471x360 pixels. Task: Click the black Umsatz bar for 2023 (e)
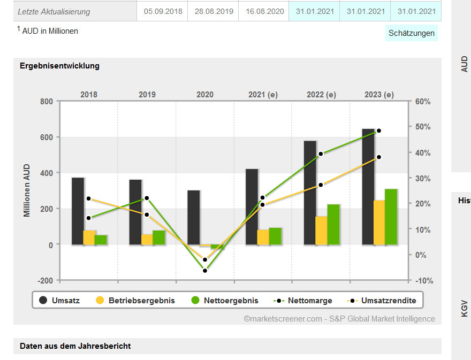coord(368,187)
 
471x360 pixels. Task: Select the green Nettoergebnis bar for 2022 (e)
coord(333,225)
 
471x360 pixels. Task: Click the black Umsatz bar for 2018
coord(78,211)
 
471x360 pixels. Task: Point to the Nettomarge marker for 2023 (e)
coord(379,131)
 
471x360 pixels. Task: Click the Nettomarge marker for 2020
coord(205,271)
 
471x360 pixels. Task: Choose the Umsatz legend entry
coord(59,301)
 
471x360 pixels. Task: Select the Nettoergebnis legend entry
coord(225,301)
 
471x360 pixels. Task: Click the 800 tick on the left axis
coord(47,102)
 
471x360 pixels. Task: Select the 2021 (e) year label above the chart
coord(263,95)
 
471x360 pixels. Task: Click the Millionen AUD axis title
coord(27,191)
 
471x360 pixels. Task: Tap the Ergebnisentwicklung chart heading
coord(59,66)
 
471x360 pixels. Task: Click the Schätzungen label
coord(412,33)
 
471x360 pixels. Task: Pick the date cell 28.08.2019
coord(214,11)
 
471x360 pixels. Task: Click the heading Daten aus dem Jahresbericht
coord(75,346)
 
